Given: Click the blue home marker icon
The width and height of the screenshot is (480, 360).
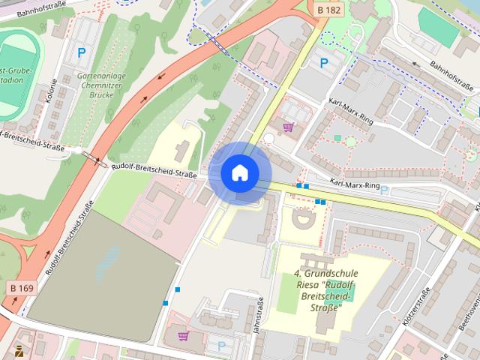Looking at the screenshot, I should (x=240, y=173).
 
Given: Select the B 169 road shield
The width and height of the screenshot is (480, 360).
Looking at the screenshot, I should (x=23, y=287).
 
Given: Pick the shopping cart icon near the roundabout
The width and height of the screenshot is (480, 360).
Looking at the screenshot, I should (x=289, y=127).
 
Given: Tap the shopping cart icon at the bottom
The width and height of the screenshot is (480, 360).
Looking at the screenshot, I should (x=184, y=336).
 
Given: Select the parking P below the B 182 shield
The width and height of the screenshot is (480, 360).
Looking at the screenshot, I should (x=324, y=64).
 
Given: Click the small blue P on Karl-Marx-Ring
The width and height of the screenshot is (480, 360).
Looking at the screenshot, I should (x=384, y=190).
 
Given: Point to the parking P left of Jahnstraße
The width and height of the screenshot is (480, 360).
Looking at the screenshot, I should (x=220, y=346).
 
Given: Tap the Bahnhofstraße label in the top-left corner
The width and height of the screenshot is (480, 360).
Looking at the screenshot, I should (x=45, y=6).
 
